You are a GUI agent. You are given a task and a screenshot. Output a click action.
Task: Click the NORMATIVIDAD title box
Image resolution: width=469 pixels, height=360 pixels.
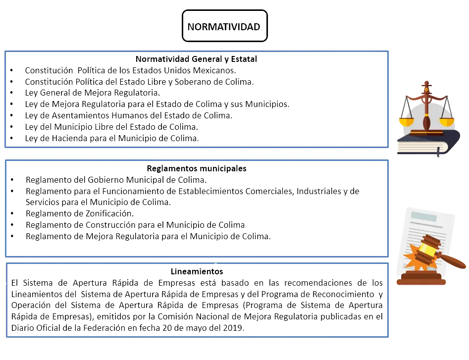pyautogui.click(x=225, y=26)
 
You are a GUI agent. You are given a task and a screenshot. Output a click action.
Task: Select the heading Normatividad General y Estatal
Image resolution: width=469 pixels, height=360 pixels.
pyautogui.click(x=196, y=59)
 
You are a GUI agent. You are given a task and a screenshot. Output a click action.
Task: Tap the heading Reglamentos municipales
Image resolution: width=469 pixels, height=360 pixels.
pyautogui.click(x=197, y=168)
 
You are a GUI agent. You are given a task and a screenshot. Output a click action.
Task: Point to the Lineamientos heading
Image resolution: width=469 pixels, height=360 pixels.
pyautogui.click(x=197, y=271)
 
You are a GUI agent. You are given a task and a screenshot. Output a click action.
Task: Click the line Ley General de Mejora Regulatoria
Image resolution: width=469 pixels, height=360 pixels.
pyautogui.click(x=93, y=93)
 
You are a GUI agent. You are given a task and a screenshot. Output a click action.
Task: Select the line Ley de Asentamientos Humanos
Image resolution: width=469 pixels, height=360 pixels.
pyautogui.click(x=129, y=115)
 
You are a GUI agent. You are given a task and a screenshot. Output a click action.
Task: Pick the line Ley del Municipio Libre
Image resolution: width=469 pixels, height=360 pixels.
pyautogui.click(x=111, y=127)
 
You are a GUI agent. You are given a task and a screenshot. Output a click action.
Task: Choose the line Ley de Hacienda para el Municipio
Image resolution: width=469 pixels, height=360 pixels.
pyautogui.click(x=112, y=138)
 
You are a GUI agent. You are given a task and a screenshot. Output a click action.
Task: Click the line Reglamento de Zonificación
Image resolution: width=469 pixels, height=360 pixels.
pyautogui.click(x=80, y=213)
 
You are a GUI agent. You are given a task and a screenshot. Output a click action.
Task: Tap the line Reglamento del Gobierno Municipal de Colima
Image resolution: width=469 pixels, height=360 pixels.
pyautogui.click(x=116, y=180)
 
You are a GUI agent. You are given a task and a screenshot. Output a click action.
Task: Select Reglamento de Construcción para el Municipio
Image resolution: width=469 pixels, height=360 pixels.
pyautogui.click(x=136, y=225)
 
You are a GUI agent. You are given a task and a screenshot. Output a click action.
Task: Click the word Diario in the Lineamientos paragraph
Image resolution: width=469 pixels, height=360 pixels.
pyautogui.click(x=23, y=328)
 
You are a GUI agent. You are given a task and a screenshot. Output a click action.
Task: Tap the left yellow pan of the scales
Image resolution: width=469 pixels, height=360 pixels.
pyautogui.click(x=407, y=122)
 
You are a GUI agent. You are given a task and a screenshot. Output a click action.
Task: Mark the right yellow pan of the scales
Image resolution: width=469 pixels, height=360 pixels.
pyautogui.click(x=447, y=122)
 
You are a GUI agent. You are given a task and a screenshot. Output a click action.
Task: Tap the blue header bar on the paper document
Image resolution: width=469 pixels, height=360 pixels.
pyautogui.click(x=424, y=216)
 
